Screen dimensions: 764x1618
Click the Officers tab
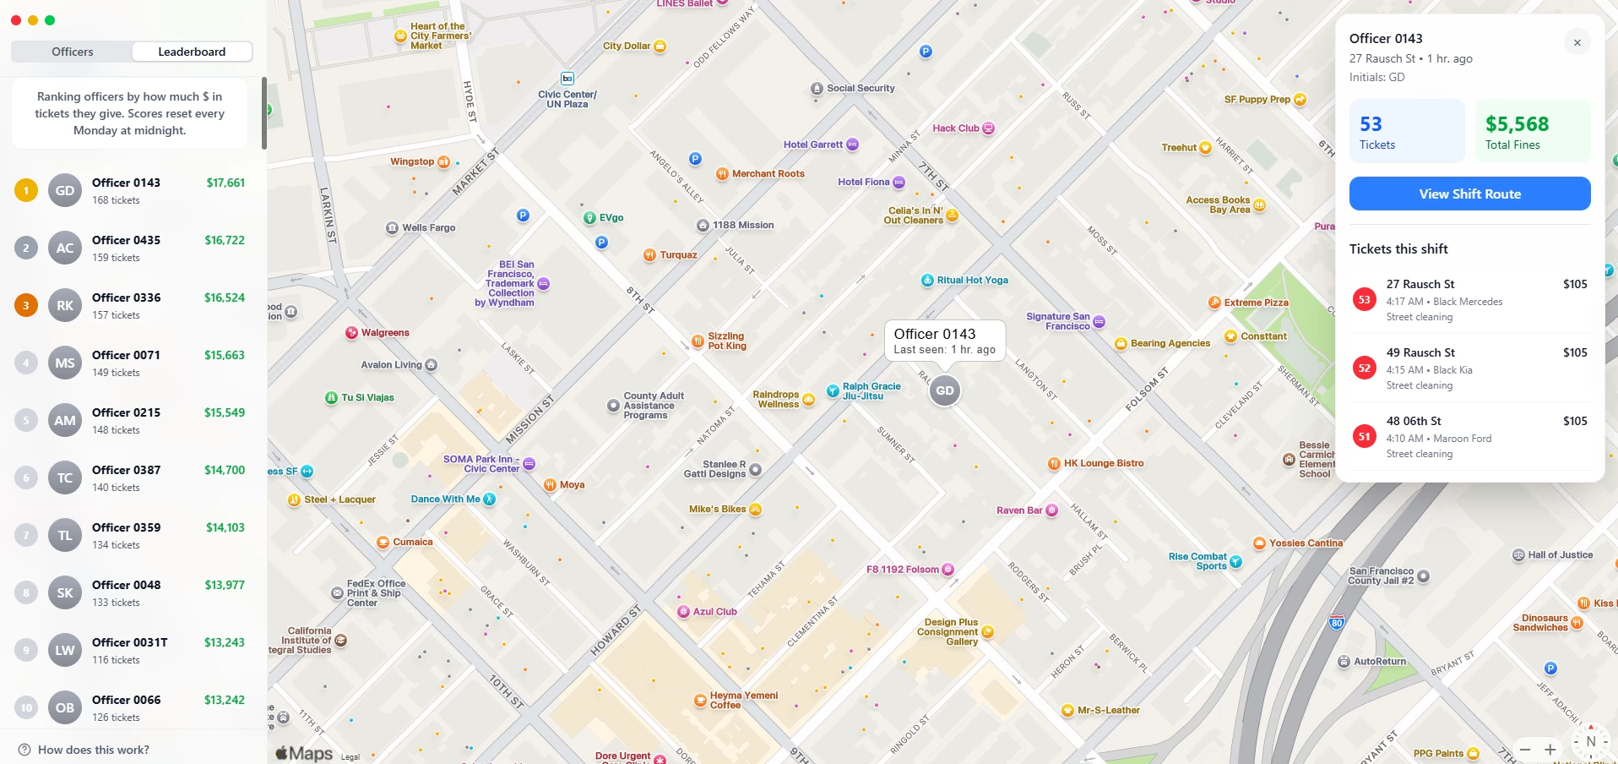(73, 52)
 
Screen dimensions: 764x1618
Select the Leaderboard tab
(192, 52)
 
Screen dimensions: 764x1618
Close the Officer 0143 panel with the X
(1577, 42)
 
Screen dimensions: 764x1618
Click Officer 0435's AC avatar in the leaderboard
(65, 248)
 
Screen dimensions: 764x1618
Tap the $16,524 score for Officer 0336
(224, 297)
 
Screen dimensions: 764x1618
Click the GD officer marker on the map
(944, 390)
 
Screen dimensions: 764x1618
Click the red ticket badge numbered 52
(1364, 368)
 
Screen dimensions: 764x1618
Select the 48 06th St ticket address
(1413, 421)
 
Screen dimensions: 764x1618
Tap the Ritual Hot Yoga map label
(971, 280)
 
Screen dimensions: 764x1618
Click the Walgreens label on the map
(384, 333)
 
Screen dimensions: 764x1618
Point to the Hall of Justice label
(1559, 555)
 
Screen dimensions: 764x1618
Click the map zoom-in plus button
(1550, 750)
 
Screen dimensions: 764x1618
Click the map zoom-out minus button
(1525, 750)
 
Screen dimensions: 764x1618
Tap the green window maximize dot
(50, 20)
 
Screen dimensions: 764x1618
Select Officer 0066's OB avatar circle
(65, 708)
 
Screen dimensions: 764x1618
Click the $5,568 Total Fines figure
(1517, 124)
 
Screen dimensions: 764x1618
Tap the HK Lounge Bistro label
(1103, 463)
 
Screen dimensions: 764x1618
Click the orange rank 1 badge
(26, 191)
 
